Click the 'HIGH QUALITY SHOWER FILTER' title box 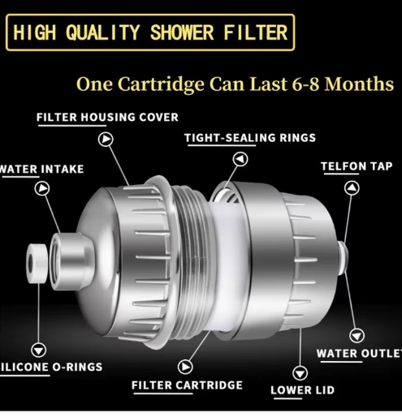(150, 32)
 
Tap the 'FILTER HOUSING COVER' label (107, 118)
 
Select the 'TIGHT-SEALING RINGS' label (250, 138)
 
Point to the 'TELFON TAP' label (357, 166)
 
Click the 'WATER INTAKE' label (41, 170)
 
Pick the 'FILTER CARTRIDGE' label (187, 385)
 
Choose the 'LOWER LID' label (302, 390)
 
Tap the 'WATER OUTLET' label (359, 354)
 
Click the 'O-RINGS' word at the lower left (77, 367)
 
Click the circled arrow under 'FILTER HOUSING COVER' (106, 140)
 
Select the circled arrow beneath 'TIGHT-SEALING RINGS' (240, 159)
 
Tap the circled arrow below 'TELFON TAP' (352, 188)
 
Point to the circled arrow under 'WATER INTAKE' (42, 188)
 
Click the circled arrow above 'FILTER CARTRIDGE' (185, 367)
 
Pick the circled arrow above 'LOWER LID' (300, 373)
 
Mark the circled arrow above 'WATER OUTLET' (357, 336)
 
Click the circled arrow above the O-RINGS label (38, 350)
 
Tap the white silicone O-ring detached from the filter (37, 264)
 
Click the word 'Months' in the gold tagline (359, 84)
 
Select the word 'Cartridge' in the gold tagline (161, 85)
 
